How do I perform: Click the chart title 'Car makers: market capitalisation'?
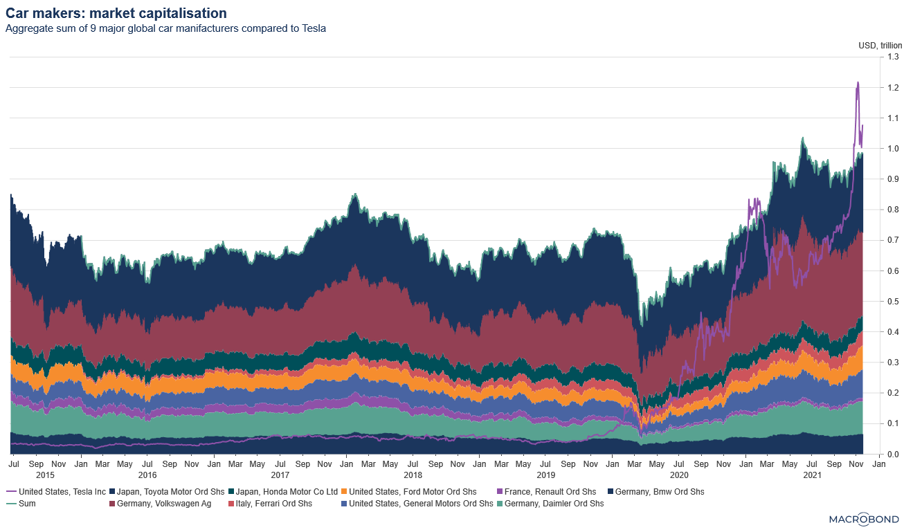[x=116, y=13]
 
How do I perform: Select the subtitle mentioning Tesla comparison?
[x=165, y=29]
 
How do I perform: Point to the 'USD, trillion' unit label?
[x=880, y=46]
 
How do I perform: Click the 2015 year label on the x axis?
[x=44, y=475]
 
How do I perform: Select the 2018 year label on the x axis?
[x=413, y=475]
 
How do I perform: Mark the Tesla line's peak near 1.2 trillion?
[x=858, y=82]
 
